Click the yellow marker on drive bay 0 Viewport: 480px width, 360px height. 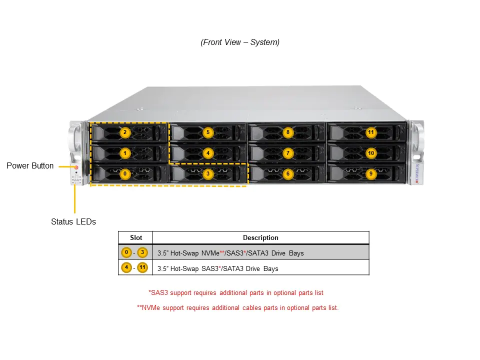(125, 173)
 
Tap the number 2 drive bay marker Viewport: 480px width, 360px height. (125, 132)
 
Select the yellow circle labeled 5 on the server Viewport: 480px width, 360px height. (208, 132)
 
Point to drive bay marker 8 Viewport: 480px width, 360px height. (287, 132)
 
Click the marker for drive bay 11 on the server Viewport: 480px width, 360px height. (370, 132)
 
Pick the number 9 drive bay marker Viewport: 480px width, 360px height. (370, 173)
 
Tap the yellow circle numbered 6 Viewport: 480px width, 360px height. (287, 173)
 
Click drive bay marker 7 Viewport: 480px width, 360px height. (287, 152)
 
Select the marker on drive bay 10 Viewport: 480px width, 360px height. (370, 152)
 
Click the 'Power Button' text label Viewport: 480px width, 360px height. (30, 166)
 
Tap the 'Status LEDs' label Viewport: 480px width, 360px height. (73, 221)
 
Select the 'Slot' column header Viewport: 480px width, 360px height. (136, 238)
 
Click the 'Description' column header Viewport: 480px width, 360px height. (260, 238)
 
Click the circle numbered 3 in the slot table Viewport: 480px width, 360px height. (142, 252)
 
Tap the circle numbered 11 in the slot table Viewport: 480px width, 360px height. (143, 268)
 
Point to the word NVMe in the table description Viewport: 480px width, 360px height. (210, 253)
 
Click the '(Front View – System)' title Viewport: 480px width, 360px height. (240, 42)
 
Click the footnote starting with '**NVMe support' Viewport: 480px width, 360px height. (237, 307)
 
